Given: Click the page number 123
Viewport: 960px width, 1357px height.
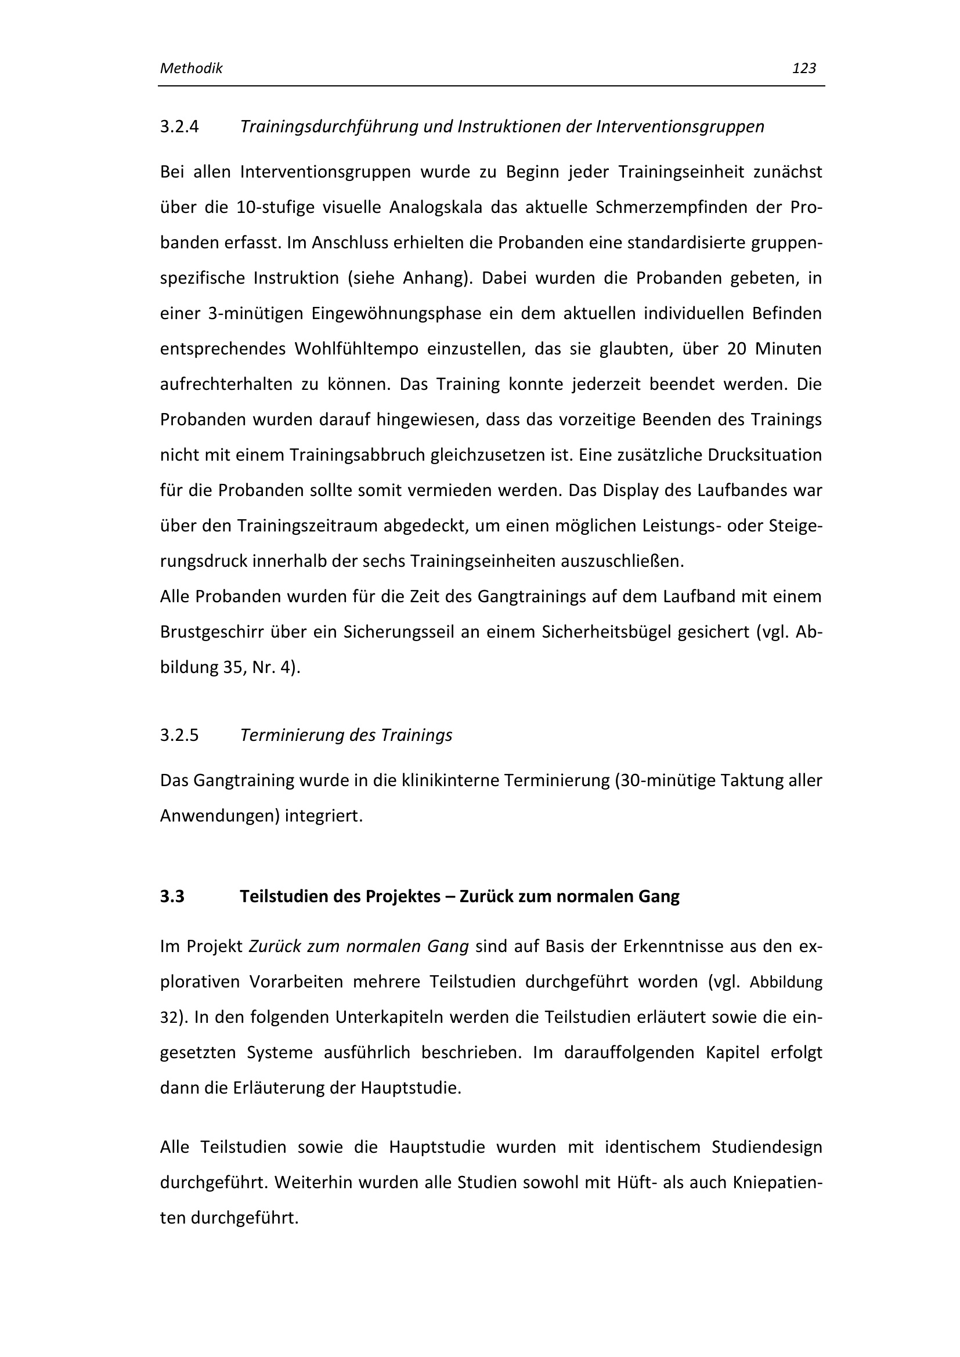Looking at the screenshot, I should pyautogui.click(x=803, y=68).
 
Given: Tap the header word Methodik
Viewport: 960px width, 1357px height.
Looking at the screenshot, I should pyautogui.click(x=191, y=68).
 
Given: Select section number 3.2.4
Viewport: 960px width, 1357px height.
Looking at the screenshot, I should pyautogui.click(x=179, y=126).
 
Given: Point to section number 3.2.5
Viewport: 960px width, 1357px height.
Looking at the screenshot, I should pyautogui.click(x=179, y=735).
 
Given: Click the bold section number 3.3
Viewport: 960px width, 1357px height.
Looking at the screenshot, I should pyautogui.click(x=172, y=896).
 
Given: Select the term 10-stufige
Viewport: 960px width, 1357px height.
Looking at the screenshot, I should pyautogui.click(x=275, y=208).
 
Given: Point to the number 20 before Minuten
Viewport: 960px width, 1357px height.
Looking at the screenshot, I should pyautogui.click(x=737, y=349).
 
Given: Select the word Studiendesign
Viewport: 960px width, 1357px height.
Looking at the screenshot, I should pyautogui.click(x=767, y=1147).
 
